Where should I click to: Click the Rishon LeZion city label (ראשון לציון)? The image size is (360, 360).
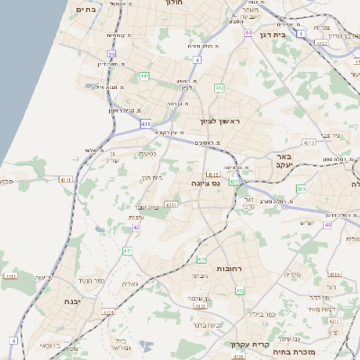(221, 121)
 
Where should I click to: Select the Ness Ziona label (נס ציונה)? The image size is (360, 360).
(206, 184)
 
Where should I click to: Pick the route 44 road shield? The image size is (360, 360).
(247, 32)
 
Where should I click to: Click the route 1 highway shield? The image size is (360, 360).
(301, 33)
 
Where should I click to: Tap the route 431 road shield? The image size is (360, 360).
(146, 124)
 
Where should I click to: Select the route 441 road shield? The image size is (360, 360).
(145, 76)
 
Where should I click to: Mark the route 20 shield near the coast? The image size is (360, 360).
(112, 55)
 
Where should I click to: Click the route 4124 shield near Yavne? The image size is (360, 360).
(109, 311)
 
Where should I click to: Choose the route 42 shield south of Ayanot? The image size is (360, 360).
(136, 228)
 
